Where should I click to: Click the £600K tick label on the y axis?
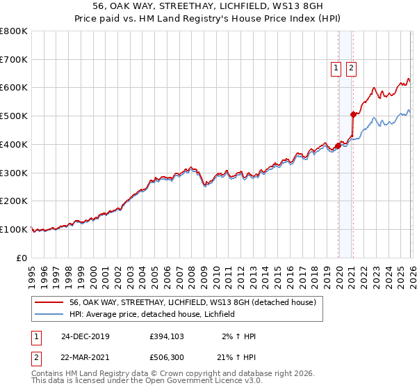coord(14,88)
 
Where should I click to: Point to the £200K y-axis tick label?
coord(14,201)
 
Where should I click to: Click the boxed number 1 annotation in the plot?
coord(336,68)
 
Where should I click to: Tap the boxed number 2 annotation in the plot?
coord(351,68)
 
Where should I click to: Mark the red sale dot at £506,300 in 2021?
coord(353,114)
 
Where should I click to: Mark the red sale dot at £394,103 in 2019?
coord(338,146)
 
